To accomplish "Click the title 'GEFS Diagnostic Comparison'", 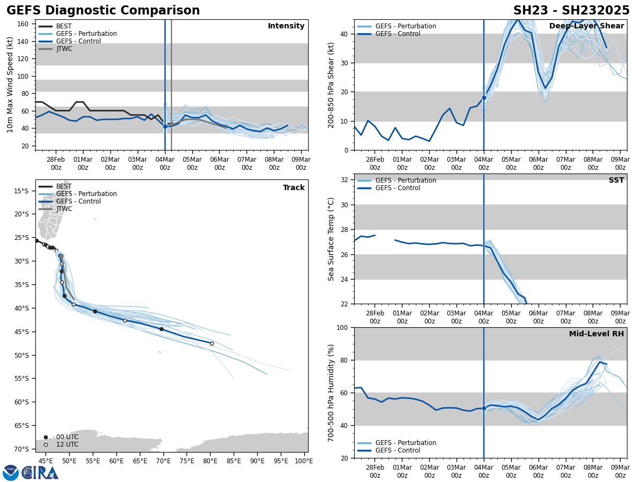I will click(103, 11).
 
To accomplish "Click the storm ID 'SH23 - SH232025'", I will click(571, 11).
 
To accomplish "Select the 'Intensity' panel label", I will click(286, 26).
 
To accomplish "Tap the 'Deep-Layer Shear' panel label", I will click(586, 26).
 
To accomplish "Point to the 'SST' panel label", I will click(616, 180).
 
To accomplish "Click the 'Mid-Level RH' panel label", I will click(596, 334).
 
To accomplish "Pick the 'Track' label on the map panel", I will click(294, 188).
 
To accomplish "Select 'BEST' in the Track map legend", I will click(64, 186).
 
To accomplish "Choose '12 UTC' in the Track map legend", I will click(67, 445).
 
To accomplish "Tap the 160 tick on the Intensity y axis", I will click(23, 24).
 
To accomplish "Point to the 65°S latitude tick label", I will click(21, 425).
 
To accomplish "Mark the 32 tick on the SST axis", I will click(346, 180).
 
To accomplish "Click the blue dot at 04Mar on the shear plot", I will click(484, 97).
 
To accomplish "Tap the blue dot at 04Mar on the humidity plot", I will click(484, 408).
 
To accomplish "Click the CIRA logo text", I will click(40, 473).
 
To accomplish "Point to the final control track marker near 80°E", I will click(212, 343).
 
